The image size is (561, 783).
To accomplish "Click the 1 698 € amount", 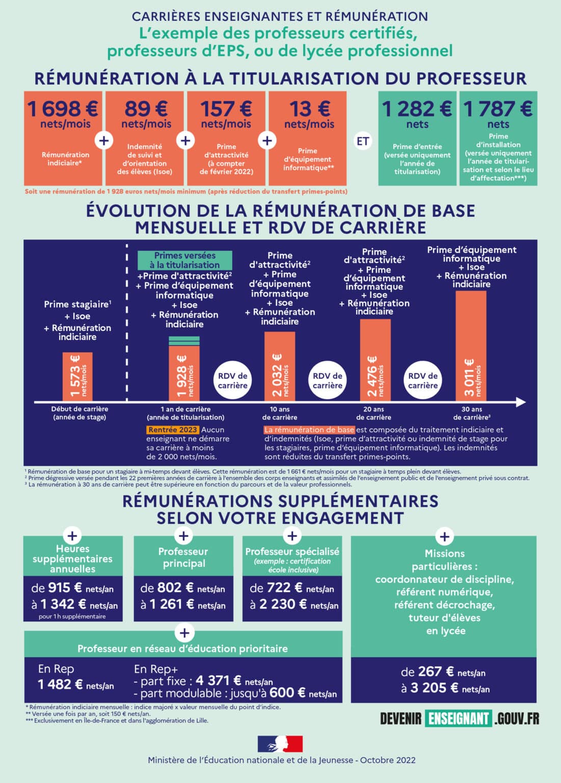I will [x=63, y=109].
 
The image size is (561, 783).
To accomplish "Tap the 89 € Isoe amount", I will [x=145, y=109].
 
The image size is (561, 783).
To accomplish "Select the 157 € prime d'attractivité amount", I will [x=226, y=109].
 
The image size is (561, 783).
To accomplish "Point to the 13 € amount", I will [x=309, y=109].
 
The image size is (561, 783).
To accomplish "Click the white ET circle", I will [x=362, y=141].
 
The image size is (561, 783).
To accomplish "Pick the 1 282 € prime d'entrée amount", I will [x=417, y=109].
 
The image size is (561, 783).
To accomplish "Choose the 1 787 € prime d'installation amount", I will [x=498, y=109].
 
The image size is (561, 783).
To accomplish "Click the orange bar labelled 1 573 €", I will [x=77, y=376].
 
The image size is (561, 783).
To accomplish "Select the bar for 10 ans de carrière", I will [x=279, y=366].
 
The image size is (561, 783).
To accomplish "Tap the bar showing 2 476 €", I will [x=375, y=360].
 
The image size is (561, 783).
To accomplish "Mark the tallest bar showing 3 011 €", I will [x=471, y=346].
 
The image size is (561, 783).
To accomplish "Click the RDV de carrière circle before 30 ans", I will [x=423, y=380].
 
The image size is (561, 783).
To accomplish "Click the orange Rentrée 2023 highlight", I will [x=172, y=430].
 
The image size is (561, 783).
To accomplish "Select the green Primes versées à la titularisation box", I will [x=184, y=260].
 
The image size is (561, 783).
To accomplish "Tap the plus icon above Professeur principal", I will [x=183, y=536].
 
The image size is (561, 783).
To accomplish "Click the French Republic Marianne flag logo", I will [x=280, y=744].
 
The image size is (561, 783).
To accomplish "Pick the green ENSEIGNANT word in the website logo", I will [x=459, y=718].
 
